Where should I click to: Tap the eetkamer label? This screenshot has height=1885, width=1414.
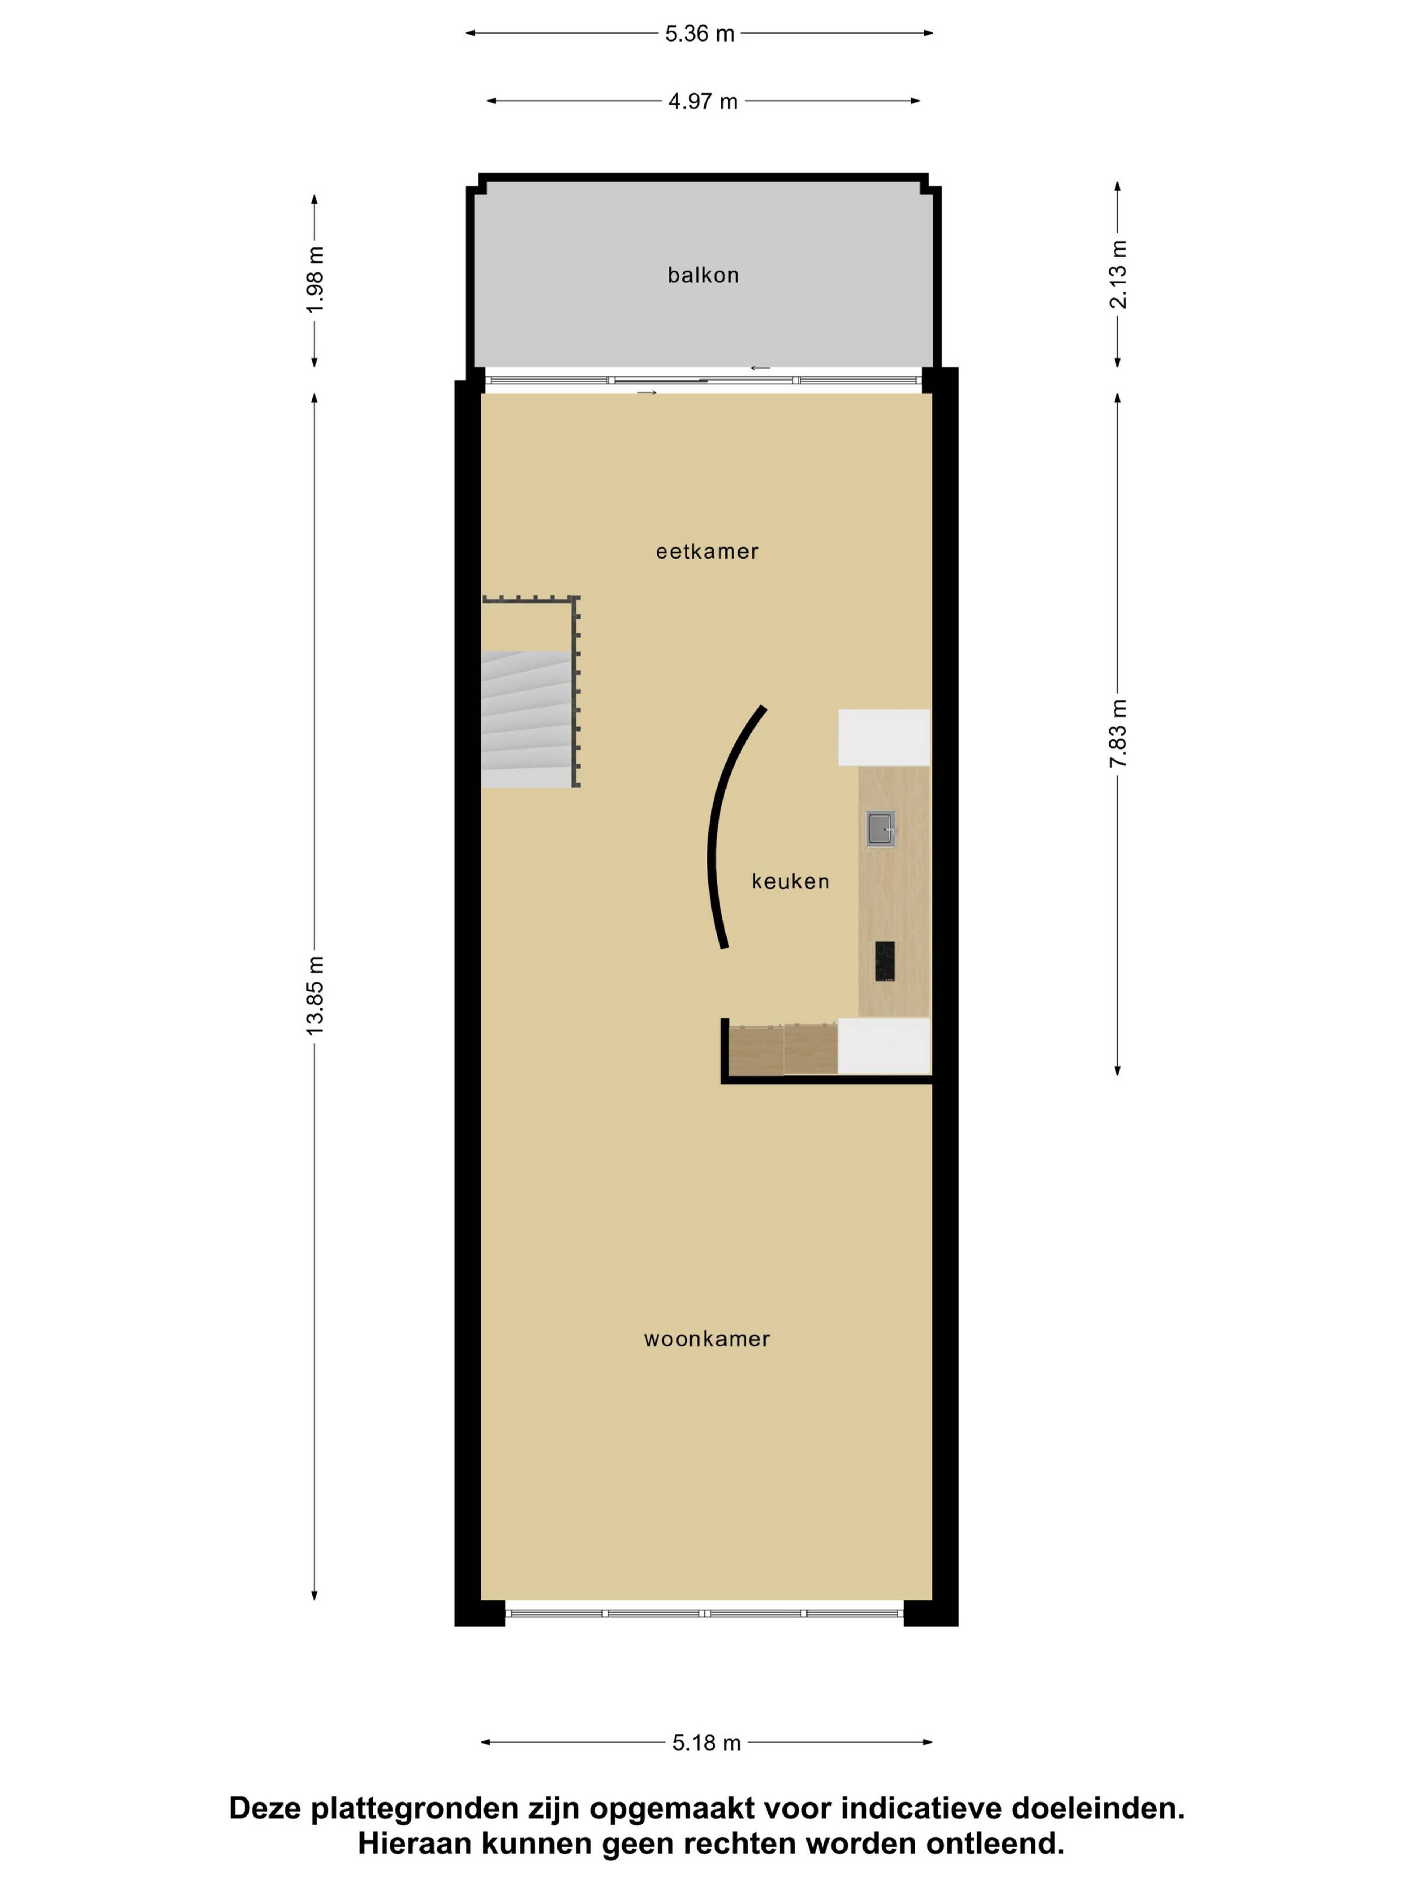coord(707,552)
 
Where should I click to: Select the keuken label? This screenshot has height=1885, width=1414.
coord(790,881)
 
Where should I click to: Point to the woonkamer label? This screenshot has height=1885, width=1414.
coord(707,1339)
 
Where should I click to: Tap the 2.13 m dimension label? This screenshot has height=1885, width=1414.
coord(1118,274)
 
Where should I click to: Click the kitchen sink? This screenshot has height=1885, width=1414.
coord(880,828)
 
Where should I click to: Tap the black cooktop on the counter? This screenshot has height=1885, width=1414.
coord(885,961)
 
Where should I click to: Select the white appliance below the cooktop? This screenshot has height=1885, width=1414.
coord(884,1046)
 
